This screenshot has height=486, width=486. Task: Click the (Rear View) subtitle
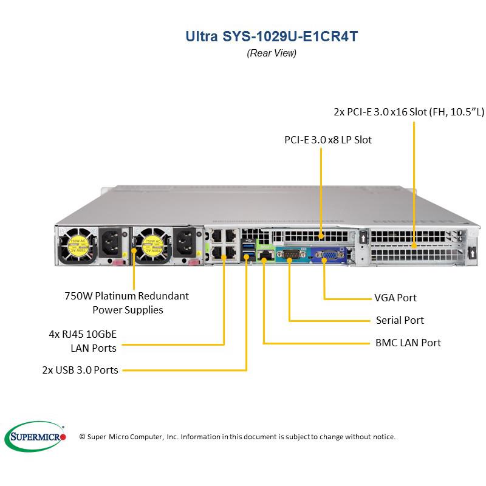(x=272, y=53)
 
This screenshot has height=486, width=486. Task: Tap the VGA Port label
(x=395, y=298)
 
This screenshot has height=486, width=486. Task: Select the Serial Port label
(x=399, y=320)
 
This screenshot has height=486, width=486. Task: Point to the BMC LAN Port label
(x=408, y=343)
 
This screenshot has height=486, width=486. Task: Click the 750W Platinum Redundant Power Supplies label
(x=126, y=303)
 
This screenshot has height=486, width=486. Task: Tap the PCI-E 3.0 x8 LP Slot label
(x=328, y=140)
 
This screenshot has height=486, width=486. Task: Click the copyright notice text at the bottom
(x=238, y=437)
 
